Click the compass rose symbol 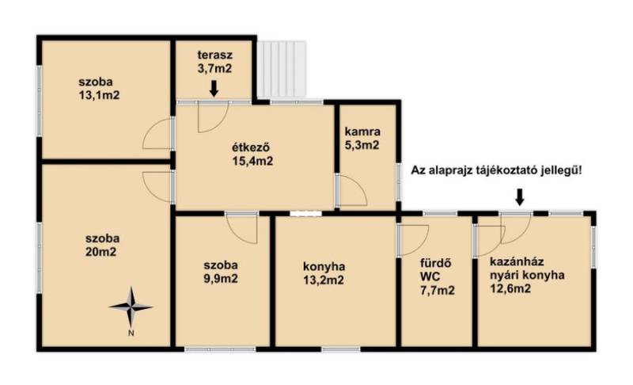131,307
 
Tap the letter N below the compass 131,334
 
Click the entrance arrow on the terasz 214,89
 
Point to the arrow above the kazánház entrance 520,196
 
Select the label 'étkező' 251,147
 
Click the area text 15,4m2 252,161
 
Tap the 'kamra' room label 362,132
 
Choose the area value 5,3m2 362,145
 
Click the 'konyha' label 324,267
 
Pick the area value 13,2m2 324,280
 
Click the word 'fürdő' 436,263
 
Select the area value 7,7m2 438,290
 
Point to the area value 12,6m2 510,288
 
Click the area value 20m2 101,252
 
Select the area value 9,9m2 221,279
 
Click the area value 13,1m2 100,96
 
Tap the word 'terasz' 214,55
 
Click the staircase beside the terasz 282,69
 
